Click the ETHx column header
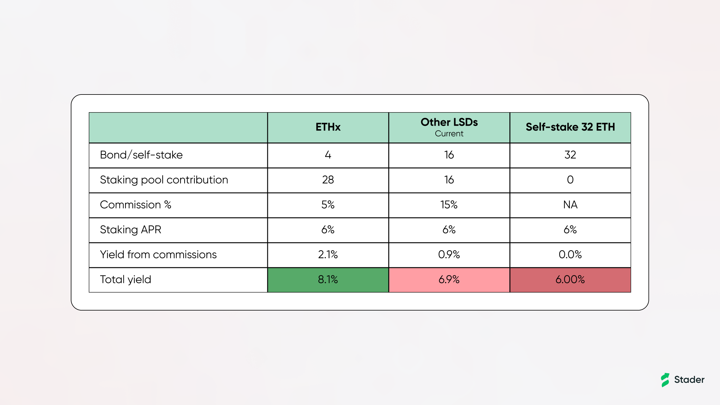click(x=328, y=127)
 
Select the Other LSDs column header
click(x=449, y=122)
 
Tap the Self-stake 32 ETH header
click(x=570, y=127)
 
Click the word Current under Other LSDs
click(x=449, y=134)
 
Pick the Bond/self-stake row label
click(x=141, y=155)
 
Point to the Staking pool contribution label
click(x=164, y=180)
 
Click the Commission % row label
click(x=136, y=205)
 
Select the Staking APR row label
click(x=130, y=230)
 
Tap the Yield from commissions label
click(x=158, y=255)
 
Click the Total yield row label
click(x=125, y=280)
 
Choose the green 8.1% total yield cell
click(x=328, y=280)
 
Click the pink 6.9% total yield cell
click(x=449, y=280)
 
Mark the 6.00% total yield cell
click(x=570, y=280)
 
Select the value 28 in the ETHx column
click(x=328, y=180)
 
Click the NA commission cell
click(x=570, y=205)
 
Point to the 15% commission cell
click(x=449, y=205)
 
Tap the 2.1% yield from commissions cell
click(x=328, y=255)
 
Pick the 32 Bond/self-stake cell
click(x=570, y=155)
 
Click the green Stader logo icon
click(x=665, y=380)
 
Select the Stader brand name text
click(x=689, y=380)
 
